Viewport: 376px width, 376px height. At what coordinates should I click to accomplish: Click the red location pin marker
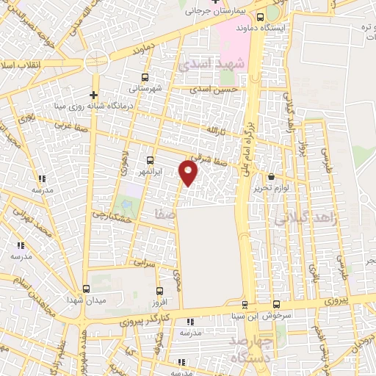click(x=189, y=172)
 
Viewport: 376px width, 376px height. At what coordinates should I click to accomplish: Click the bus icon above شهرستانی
click(x=145, y=76)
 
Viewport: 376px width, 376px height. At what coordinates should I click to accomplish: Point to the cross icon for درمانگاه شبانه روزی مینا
click(x=93, y=95)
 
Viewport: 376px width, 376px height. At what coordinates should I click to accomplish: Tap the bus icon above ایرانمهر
click(x=151, y=160)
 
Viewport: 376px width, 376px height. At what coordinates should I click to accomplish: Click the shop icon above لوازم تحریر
click(x=271, y=176)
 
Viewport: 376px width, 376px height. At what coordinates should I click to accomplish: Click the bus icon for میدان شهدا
click(x=86, y=289)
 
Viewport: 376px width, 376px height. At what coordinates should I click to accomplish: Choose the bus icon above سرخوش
click(x=276, y=304)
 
